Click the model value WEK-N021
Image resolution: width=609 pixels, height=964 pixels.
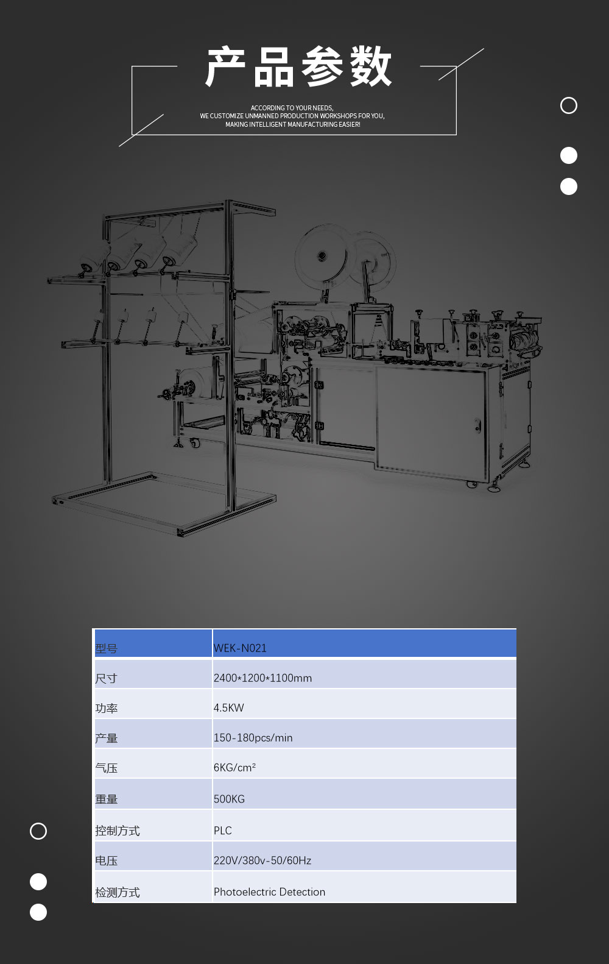(x=240, y=648)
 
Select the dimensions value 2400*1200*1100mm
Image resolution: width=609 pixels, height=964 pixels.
(x=262, y=678)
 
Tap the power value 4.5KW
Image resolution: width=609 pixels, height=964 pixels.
(x=229, y=707)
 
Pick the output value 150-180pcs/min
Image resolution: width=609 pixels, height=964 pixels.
(x=253, y=738)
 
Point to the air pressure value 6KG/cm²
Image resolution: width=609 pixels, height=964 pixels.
(x=235, y=767)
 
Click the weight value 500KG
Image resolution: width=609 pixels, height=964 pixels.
(x=229, y=799)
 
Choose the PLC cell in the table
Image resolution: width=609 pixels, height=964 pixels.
(x=223, y=830)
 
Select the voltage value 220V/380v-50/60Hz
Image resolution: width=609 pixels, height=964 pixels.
(x=262, y=860)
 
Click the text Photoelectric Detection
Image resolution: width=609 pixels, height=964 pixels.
(x=269, y=891)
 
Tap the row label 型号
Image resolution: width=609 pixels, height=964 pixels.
(x=106, y=648)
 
